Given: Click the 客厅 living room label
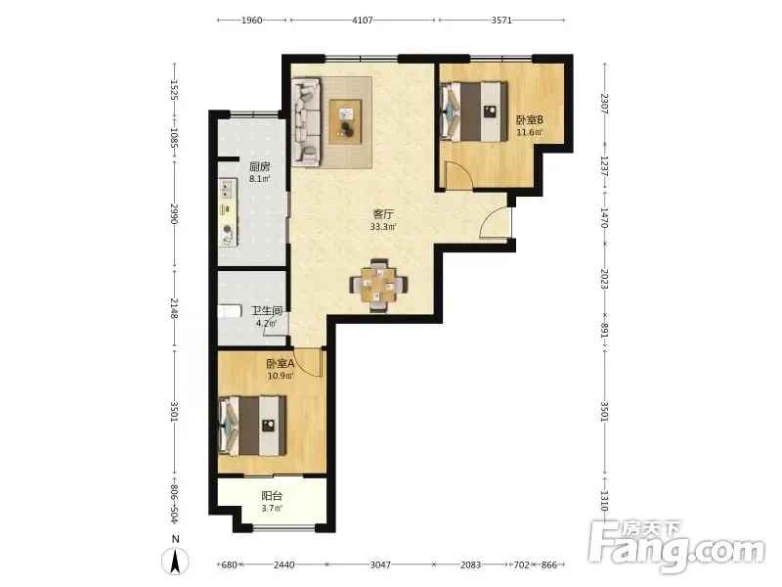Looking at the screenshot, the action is point(383,214).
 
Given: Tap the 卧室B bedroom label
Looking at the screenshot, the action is point(529,119).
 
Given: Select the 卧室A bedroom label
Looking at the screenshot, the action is point(281,363).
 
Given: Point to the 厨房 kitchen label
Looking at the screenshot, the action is point(259,166).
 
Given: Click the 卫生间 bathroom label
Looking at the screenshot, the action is point(267,310).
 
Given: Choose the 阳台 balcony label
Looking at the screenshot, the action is point(272,496).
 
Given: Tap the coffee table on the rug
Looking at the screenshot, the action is point(345,121).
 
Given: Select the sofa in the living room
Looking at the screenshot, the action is point(306,121).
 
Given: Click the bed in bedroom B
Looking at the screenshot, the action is point(474,112).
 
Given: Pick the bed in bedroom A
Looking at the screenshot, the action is point(252,426).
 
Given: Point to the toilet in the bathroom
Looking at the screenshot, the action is point(230,311).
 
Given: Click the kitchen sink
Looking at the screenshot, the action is point(228,189).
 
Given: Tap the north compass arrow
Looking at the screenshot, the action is point(175,562).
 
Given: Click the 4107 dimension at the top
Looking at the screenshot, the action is point(363,20).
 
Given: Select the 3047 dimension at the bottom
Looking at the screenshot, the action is point(380,564).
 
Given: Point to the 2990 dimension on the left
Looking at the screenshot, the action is point(174,213).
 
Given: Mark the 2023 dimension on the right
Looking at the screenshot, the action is point(604,279).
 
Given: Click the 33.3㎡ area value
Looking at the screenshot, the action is point(383,227).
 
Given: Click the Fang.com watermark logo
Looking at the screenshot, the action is point(676,547).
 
